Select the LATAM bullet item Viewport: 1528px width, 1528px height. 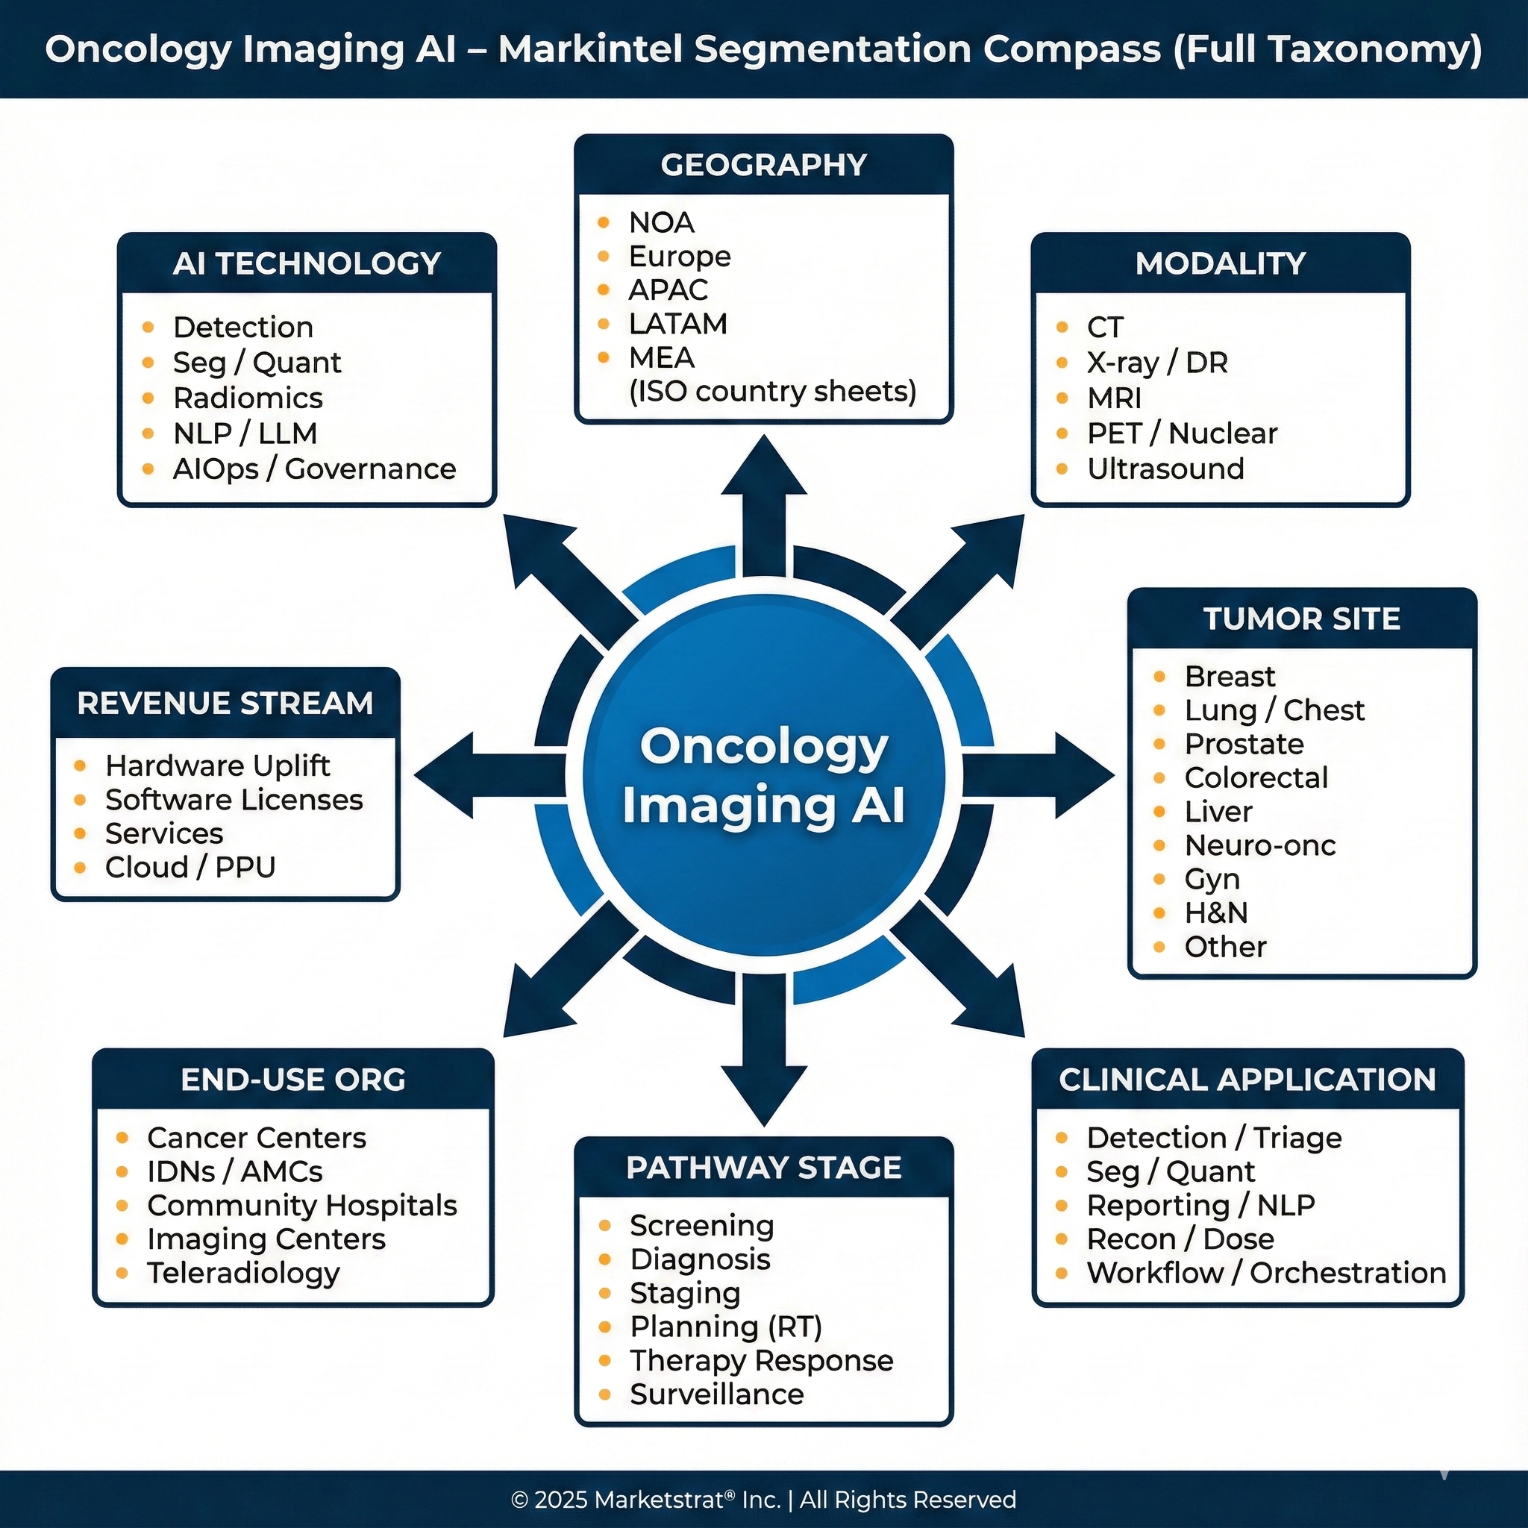[677, 325]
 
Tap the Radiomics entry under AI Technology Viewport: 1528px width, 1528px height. [248, 398]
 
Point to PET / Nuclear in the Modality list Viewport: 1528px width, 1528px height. [1182, 433]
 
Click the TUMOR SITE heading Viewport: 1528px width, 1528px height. [1301, 619]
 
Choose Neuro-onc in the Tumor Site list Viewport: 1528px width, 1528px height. [1259, 845]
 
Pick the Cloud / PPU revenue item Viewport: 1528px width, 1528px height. [190, 868]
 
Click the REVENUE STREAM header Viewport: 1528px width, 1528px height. [225, 703]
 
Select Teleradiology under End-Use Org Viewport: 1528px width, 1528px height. [243, 1273]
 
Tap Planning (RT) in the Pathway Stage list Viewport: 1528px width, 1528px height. [725, 1327]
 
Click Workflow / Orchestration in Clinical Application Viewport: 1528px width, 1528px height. [1265, 1273]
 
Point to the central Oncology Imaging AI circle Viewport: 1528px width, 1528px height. [763, 775]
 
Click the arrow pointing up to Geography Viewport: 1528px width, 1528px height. [764, 498]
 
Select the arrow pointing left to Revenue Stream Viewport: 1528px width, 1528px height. [475, 775]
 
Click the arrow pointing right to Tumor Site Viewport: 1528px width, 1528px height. [1052, 775]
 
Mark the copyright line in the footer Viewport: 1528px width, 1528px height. [763, 1500]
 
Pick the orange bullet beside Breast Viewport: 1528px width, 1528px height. [1159, 676]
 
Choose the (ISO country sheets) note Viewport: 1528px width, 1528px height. [772, 392]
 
